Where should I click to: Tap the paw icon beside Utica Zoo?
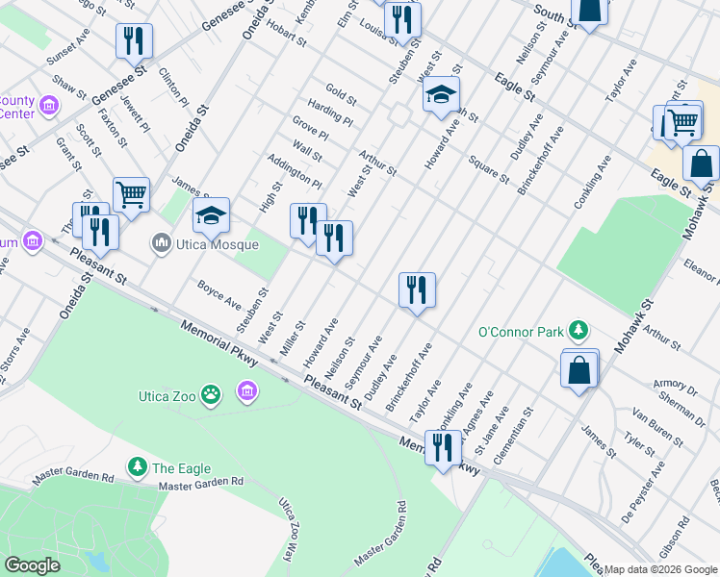pos(212,392)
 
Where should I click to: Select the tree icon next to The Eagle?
pos(138,468)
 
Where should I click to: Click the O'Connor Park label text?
pos(520,333)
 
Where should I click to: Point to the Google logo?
pos(31,565)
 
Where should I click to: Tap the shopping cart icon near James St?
pos(131,194)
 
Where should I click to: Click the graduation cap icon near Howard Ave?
pos(441,94)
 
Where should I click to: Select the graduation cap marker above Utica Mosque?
pos(212,215)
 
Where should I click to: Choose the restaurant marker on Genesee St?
pos(134,40)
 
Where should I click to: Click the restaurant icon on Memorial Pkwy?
pos(443,447)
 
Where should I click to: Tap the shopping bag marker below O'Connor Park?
pos(579,369)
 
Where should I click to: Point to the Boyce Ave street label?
pos(219,294)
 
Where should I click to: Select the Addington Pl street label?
pos(294,170)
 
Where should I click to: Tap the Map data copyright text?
pos(660,569)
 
